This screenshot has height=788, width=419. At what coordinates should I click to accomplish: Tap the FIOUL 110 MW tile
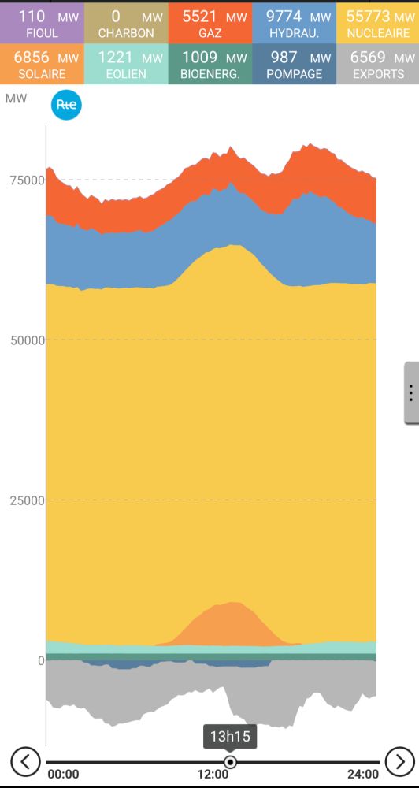pos(42,23)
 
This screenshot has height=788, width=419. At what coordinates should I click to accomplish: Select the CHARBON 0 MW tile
pos(126,23)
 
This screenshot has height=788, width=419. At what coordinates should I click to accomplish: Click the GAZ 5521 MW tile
pos(209,23)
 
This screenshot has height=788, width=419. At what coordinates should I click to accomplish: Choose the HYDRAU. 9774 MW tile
pos(294,23)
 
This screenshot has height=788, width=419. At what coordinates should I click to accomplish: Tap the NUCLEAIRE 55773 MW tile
pos(377,23)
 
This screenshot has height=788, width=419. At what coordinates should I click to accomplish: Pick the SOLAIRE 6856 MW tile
pos(42,65)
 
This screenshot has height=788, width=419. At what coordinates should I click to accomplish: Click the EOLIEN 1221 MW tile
pos(126,65)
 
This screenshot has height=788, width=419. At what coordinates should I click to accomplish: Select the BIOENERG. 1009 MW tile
pos(209,65)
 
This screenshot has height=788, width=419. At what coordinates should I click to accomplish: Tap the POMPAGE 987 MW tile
pos(294,65)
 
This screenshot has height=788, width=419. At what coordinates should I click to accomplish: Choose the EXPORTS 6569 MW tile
pos(377,65)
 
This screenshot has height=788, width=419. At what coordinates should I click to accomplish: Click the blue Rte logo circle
pos(66,106)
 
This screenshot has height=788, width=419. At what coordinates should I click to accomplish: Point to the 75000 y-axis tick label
pos(27,180)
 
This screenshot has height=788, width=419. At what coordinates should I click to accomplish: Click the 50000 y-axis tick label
pos(27,340)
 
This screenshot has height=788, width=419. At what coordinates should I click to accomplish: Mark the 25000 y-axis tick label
pos(27,500)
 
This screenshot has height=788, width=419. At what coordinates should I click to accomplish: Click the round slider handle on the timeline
pos(230,762)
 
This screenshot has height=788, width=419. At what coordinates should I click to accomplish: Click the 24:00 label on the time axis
pos(362,775)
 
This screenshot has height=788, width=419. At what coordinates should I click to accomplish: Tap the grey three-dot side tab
pos(411,393)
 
